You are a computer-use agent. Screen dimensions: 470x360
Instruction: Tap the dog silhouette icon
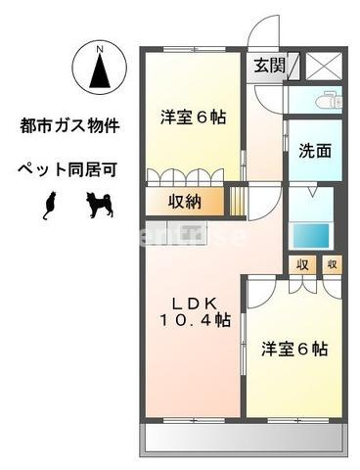(98, 204)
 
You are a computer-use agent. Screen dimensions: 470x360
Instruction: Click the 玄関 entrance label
(270, 67)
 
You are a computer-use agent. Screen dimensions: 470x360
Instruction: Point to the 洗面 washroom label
(314, 152)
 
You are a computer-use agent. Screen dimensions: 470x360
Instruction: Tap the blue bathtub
(310, 236)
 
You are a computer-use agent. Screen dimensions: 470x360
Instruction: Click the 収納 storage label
(182, 204)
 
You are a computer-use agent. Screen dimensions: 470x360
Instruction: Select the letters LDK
(195, 302)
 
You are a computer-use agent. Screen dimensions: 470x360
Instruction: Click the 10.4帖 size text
(196, 319)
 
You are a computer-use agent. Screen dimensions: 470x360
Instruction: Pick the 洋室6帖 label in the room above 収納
(194, 117)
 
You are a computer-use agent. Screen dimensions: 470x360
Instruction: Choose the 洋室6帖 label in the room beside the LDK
(293, 349)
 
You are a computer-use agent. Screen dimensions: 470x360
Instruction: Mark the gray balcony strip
(244, 438)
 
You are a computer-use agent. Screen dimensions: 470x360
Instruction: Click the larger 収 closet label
(302, 264)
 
